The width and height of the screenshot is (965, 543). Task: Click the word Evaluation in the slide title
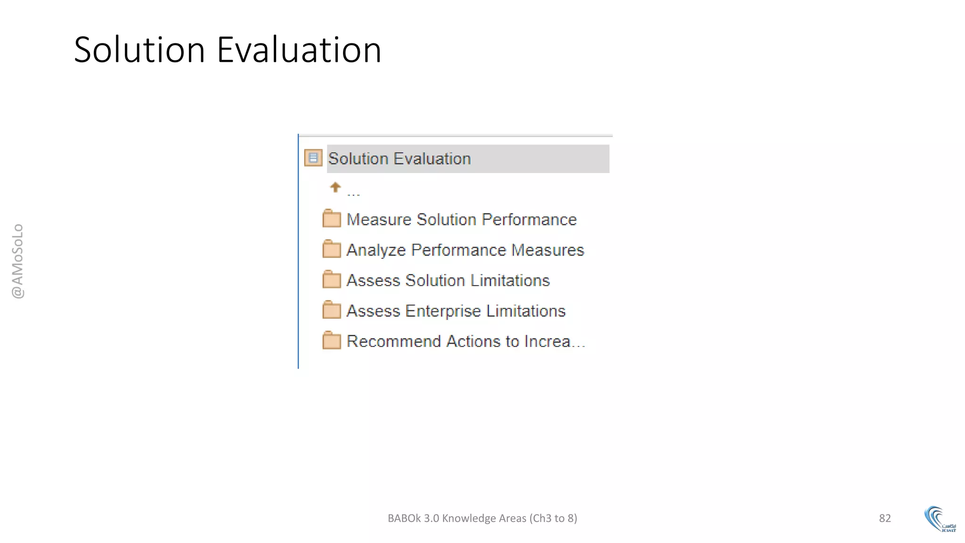pyautogui.click(x=299, y=50)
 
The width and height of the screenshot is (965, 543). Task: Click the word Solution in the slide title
pyautogui.click(x=139, y=50)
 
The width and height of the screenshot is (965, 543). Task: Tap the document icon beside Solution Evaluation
pyautogui.click(x=313, y=158)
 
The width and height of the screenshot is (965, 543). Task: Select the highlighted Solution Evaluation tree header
pyautogui.click(x=467, y=159)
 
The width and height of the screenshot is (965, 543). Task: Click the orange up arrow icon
pyautogui.click(x=335, y=188)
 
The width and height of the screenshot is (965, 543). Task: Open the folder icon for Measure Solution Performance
pyautogui.click(x=332, y=219)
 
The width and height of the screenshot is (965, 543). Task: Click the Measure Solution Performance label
pyautogui.click(x=461, y=220)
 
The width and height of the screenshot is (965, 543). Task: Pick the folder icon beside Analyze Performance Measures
pyautogui.click(x=332, y=250)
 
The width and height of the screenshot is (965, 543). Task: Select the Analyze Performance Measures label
pyautogui.click(x=465, y=250)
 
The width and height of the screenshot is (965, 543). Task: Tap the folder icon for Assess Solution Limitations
pyautogui.click(x=332, y=280)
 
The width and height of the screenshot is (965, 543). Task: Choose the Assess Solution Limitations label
pyautogui.click(x=448, y=280)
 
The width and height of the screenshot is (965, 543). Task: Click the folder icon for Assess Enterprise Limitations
pyautogui.click(x=332, y=311)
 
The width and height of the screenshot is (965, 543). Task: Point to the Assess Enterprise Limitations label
pyautogui.click(x=456, y=311)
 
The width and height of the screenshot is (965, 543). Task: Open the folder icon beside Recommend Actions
pyautogui.click(x=332, y=341)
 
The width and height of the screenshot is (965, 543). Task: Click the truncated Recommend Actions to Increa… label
pyautogui.click(x=466, y=341)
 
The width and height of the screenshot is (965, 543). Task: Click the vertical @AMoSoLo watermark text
pyautogui.click(x=18, y=261)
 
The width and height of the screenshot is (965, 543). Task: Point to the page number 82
pyautogui.click(x=885, y=518)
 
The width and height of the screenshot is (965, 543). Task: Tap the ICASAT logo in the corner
pyautogui.click(x=940, y=519)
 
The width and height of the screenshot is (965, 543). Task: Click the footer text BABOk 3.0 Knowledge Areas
pyautogui.click(x=482, y=518)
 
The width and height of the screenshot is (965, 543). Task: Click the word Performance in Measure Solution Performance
pyautogui.click(x=529, y=220)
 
